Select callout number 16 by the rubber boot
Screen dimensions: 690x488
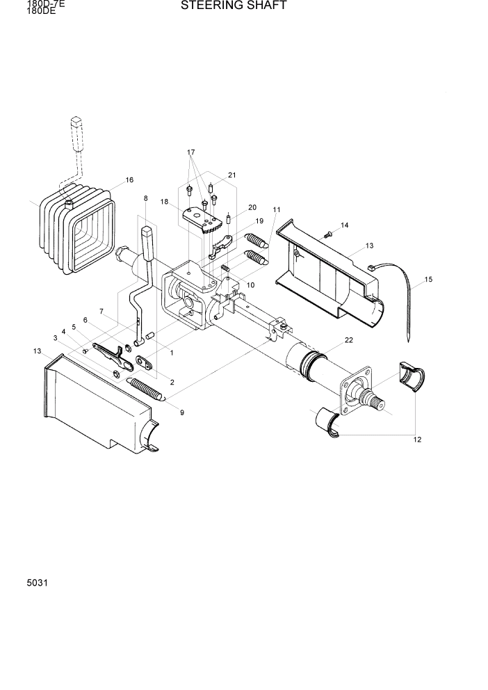129,180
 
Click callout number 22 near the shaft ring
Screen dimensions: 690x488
348,339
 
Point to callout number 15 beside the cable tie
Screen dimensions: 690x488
428,280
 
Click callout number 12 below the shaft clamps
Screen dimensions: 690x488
417,439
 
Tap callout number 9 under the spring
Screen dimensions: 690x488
181,412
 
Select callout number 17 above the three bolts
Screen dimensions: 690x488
190,152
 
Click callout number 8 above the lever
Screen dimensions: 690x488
145,198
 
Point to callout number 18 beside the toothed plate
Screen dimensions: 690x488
165,202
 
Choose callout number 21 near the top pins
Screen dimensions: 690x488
231,175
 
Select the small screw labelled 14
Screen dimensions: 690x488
329,235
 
